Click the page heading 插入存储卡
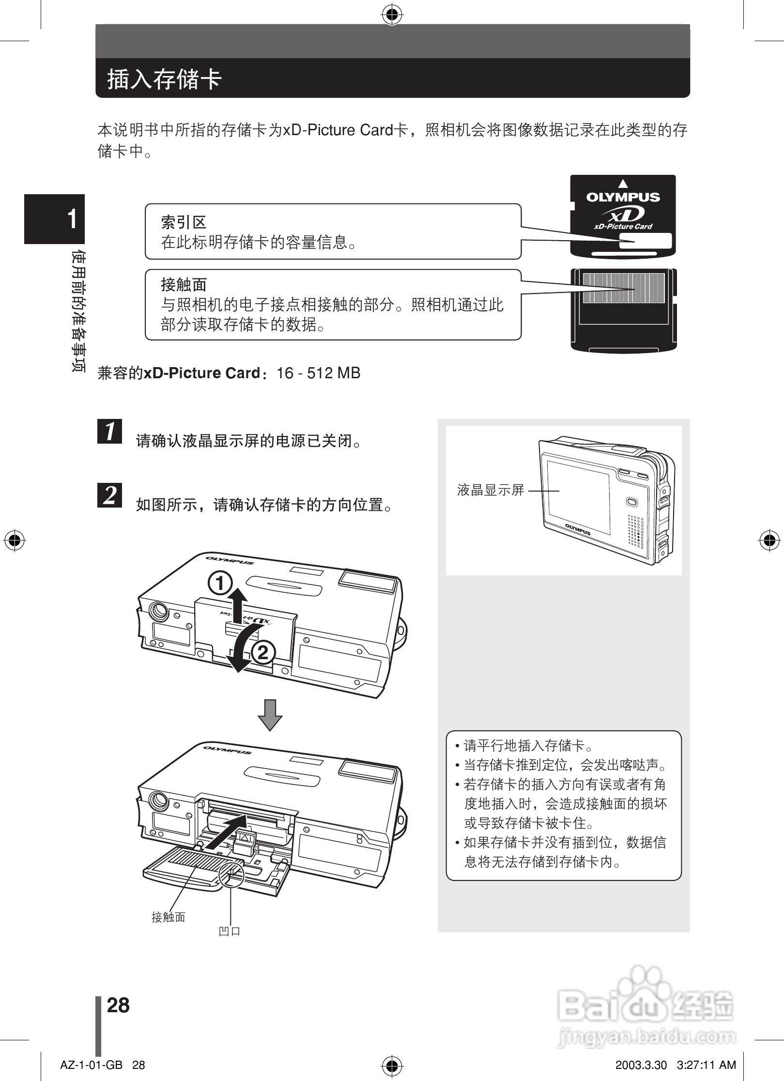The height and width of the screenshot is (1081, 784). coord(165,79)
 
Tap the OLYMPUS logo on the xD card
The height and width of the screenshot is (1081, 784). coord(623,197)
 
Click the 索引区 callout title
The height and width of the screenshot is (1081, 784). coord(184,222)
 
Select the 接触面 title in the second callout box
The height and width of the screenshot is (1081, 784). coord(184,284)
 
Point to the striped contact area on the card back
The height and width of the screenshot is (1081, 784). coord(623,288)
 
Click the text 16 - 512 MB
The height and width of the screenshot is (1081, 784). coord(318,373)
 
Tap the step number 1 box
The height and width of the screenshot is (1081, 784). coord(110,431)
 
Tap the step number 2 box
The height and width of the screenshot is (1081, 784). coord(110,494)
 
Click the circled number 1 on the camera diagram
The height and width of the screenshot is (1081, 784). coord(220,583)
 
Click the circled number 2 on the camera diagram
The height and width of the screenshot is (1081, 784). coord(262,653)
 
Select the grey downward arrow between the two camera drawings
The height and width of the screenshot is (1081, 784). coord(270,715)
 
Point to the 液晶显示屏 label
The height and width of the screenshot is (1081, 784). coord(491,490)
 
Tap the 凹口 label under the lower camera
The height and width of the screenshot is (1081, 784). coord(230,931)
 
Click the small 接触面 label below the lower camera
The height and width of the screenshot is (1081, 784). coord(168,916)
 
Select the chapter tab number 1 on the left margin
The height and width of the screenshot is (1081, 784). coord(72,219)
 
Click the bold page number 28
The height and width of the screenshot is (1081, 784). coord(118,1005)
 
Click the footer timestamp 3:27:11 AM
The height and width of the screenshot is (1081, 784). coord(707,1065)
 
